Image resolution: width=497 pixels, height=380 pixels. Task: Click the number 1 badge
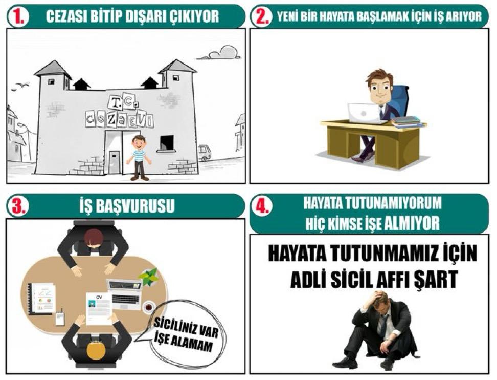(x=18, y=16)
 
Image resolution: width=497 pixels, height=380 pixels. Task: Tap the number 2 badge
(x=262, y=16)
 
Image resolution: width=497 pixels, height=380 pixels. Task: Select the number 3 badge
(x=18, y=206)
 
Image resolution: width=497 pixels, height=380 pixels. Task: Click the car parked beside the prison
(x=205, y=152)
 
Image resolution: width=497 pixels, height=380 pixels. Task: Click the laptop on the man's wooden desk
(x=364, y=113)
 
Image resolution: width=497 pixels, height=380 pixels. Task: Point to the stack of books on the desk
(x=406, y=122)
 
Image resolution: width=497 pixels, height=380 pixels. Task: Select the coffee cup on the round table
(x=149, y=307)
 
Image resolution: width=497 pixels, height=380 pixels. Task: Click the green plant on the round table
(x=149, y=277)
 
